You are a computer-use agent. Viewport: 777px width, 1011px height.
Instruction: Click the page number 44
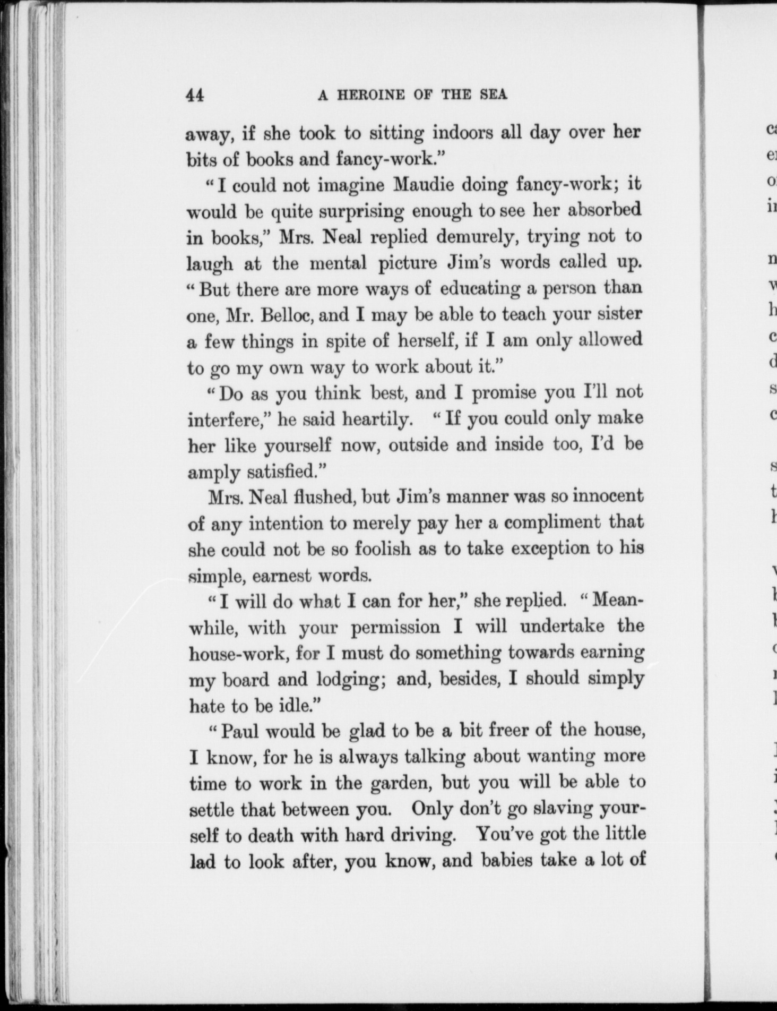click(x=194, y=95)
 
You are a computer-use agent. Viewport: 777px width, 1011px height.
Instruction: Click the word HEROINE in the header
click(x=374, y=95)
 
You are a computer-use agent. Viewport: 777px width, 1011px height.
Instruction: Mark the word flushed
click(x=318, y=497)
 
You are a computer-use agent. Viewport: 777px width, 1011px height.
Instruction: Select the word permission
click(x=395, y=627)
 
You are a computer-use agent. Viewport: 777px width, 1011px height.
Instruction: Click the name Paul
click(x=239, y=732)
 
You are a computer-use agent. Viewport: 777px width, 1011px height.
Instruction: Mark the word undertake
click(x=562, y=627)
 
